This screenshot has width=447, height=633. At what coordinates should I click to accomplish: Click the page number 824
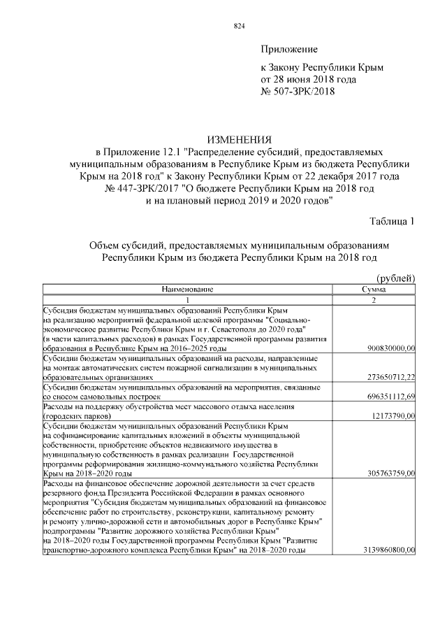pyautogui.click(x=239, y=27)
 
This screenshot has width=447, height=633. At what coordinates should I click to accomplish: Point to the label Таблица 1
pyautogui.click(x=393, y=222)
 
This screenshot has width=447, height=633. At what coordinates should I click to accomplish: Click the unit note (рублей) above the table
pyautogui.click(x=396, y=279)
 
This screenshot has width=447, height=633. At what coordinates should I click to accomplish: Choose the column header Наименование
pyautogui.click(x=187, y=288)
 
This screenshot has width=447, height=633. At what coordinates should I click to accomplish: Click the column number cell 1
pyautogui.click(x=187, y=299)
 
